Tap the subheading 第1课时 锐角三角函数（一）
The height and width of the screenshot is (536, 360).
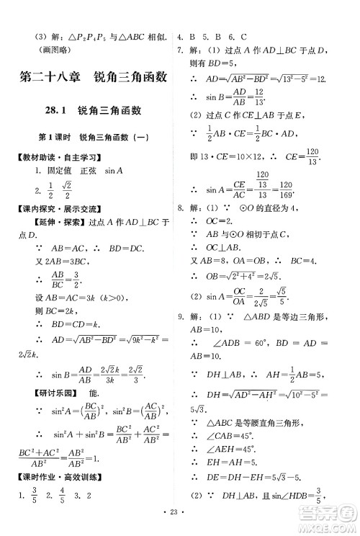(x=92, y=136)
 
